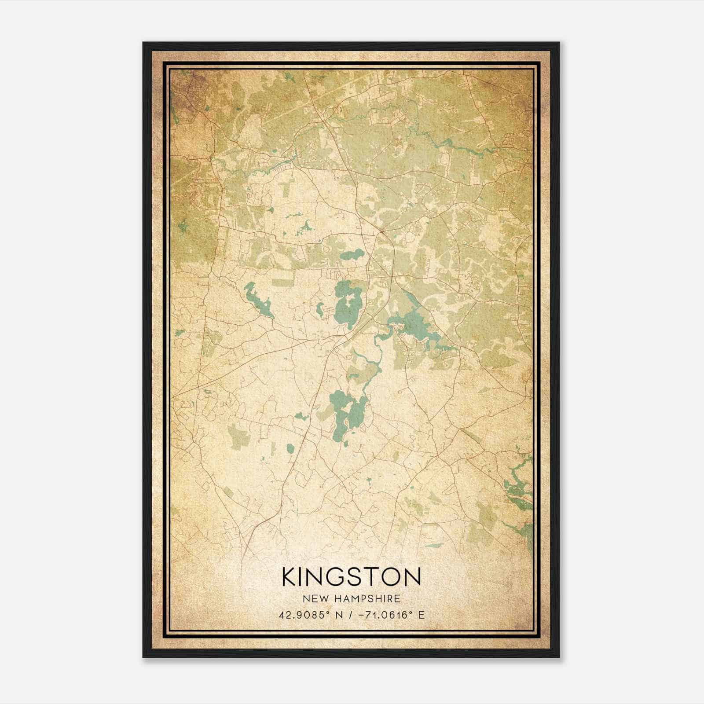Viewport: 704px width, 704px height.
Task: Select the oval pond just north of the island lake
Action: tap(352, 255)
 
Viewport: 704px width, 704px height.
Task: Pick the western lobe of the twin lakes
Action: tap(338, 414)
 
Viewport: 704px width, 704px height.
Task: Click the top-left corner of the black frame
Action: tap(143, 43)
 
